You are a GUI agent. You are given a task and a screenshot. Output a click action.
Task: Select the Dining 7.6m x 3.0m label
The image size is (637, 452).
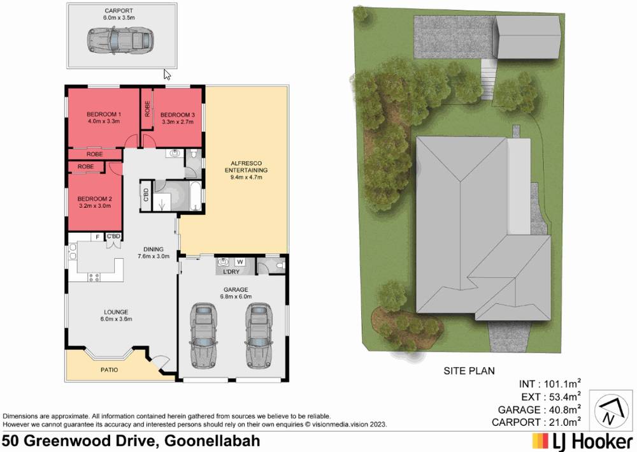tap(153, 252)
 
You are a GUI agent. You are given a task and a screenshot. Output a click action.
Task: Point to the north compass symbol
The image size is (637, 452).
tap(610, 412)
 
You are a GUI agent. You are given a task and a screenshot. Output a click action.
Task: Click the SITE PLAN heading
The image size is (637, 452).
tap(469, 370)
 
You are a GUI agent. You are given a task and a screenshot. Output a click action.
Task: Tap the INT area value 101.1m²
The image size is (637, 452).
tap(561, 384)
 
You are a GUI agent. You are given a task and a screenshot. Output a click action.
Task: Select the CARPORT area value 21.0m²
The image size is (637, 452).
tap(561, 422)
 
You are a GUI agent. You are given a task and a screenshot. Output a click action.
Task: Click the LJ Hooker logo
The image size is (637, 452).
tap(582, 441)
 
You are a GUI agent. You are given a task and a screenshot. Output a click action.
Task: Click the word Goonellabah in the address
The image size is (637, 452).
tap(212, 441)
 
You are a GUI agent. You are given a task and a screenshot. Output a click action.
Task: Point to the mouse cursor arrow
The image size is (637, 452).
tap(167, 74)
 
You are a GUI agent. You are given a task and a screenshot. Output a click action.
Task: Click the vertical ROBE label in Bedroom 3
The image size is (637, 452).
tap(147, 109)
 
